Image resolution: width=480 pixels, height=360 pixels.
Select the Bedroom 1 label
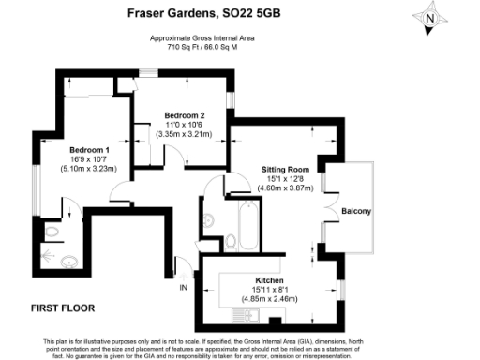(x=89, y=150)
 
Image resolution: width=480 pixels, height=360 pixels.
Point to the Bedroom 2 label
(x=184, y=116)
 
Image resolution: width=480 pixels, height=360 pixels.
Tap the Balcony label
(x=356, y=211)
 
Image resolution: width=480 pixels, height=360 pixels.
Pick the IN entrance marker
(x=184, y=287)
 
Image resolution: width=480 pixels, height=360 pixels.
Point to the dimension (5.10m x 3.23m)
(x=89, y=171)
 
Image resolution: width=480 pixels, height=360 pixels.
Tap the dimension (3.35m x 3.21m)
(x=184, y=135)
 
